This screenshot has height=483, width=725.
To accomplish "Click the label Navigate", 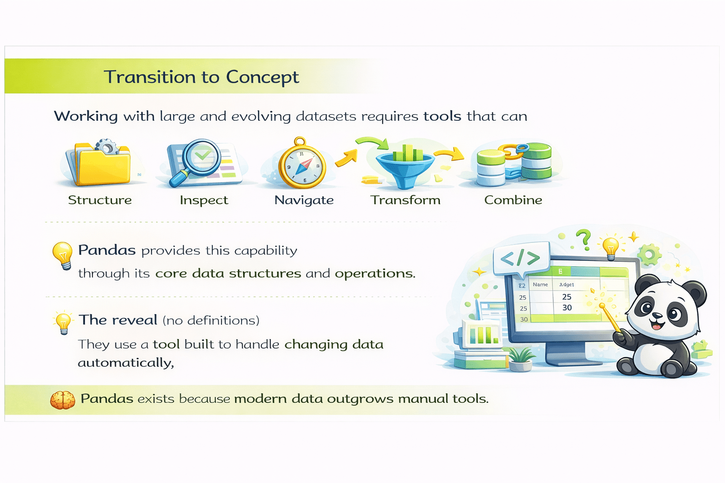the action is tap(304, 200).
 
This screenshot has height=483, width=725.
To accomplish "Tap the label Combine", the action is tap(513, 200).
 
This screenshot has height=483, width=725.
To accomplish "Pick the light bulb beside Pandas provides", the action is tap(62, 255).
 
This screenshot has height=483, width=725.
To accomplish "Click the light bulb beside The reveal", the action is tap(63, 323).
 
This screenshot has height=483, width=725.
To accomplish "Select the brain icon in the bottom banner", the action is tap(63, 400).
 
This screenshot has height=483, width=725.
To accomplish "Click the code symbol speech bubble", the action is tap(520, 258).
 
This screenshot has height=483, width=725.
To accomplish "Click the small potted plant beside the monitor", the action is tap(521, 359).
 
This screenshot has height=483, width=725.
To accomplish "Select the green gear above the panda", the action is tap(649, 255).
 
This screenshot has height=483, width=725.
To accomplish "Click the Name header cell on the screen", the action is tap(540, 284).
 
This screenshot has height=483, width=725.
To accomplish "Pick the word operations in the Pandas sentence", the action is tap(375, 274).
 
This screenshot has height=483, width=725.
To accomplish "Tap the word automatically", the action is tap(126, 363).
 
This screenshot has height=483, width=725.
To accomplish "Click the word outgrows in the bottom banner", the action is tap(361, 399).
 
